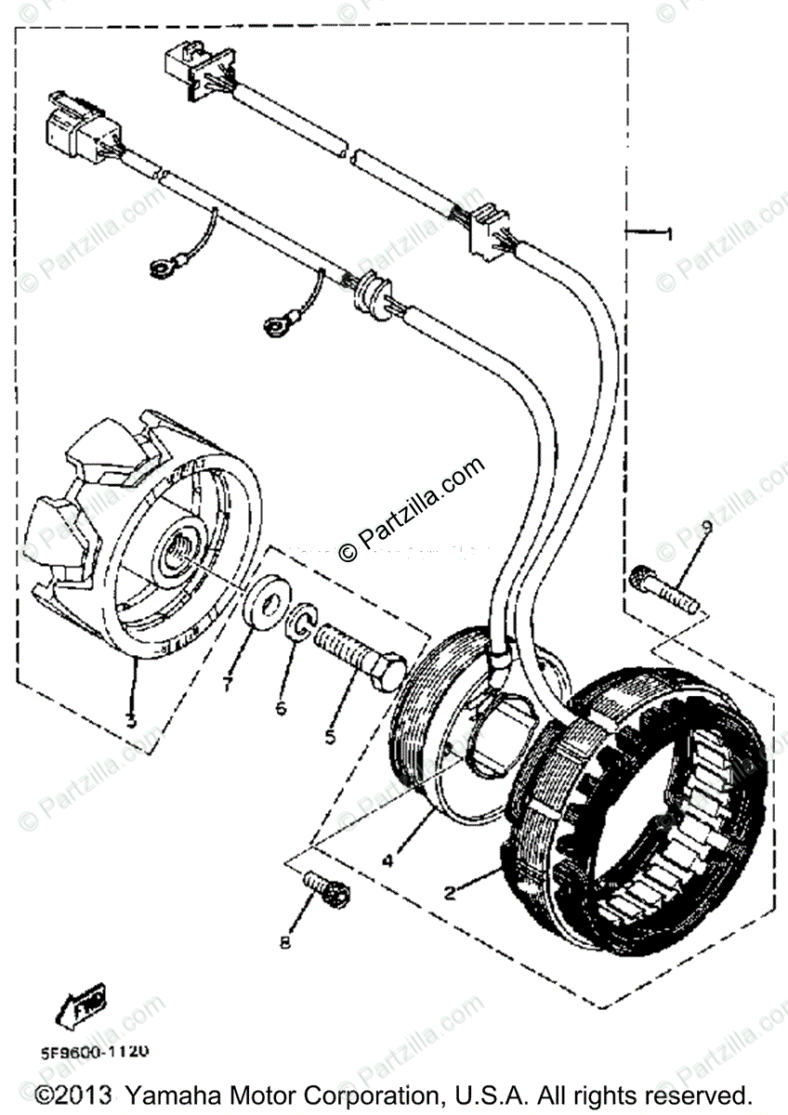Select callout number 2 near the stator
450,893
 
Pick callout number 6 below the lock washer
281,708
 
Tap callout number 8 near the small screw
285,942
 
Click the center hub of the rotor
177,555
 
